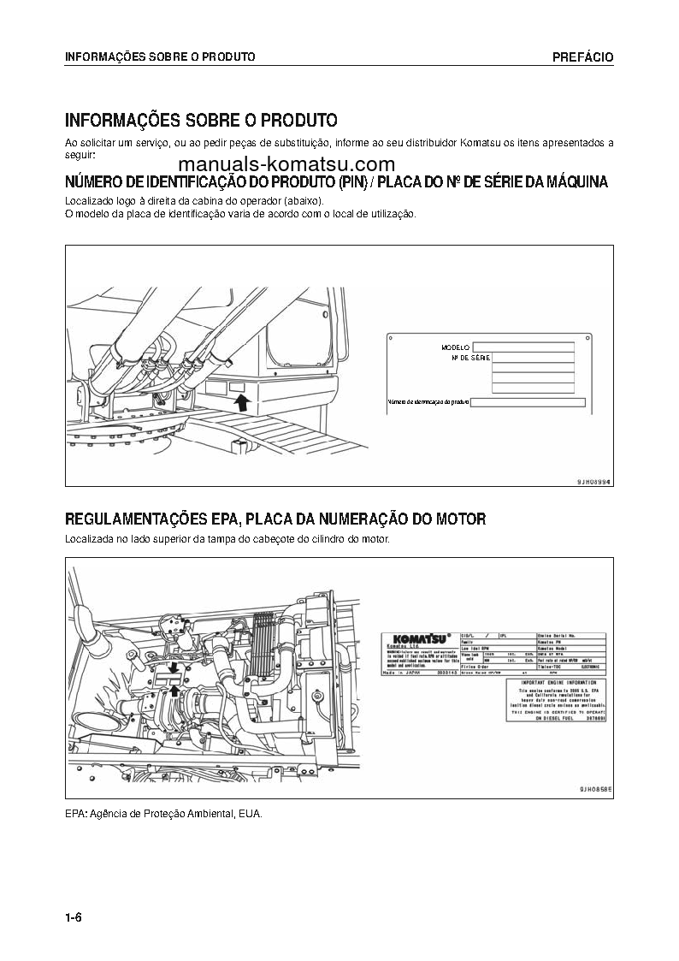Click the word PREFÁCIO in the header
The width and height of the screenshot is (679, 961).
tap(582, 57)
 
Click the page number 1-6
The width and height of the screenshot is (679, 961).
tap(73, 918)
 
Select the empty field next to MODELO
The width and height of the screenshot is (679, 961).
tap(523, 347)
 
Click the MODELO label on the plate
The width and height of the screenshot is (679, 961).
tap(456, 347)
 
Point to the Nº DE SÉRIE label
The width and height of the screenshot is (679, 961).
tap(470, 358)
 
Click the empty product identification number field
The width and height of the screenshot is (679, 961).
tap(528, 402)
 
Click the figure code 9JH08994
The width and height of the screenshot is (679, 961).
tap(594, 482)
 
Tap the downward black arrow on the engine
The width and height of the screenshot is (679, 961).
tap(174, 665)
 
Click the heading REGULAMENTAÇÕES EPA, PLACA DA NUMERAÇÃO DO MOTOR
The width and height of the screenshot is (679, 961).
tap(275, 519)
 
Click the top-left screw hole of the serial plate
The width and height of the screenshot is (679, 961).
tap(390, 339)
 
